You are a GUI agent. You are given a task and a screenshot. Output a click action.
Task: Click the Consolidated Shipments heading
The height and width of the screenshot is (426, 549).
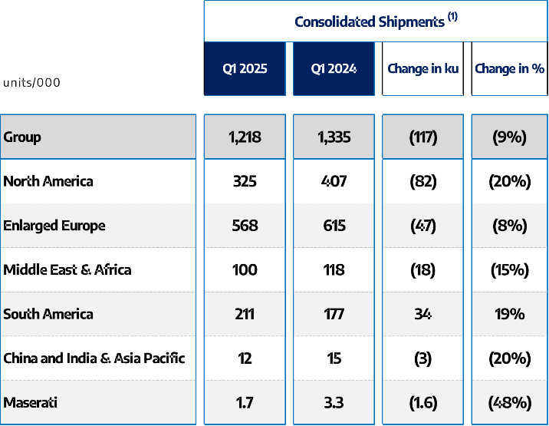pos(376,21)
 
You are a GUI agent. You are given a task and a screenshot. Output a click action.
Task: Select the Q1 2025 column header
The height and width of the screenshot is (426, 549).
pos(245,69)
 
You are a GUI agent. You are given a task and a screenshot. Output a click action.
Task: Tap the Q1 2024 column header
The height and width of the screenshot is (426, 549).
pos(334,69)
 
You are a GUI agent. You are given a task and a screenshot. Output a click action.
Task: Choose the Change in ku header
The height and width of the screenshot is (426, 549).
pos(422,69)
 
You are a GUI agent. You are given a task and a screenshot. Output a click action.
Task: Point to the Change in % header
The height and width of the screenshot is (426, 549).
pos(510,69)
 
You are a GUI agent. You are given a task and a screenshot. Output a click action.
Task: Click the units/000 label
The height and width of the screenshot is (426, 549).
pos(31,83)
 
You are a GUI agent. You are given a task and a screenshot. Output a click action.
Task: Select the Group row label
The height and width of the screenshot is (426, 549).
pos(22,137)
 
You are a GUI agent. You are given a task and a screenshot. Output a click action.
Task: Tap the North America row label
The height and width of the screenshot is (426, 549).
pos(48,182)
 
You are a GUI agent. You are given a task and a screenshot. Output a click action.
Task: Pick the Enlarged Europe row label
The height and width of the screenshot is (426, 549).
pos(54,226)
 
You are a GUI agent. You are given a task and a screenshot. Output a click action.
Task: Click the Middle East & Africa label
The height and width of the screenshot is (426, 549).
pos(67,270)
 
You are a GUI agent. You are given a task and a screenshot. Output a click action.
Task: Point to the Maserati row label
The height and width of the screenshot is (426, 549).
pos(31,402)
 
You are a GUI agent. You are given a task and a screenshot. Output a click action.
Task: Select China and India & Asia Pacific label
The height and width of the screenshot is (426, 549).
pos(94,358)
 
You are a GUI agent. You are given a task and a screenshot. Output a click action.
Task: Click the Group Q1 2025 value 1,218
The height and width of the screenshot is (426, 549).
pos(245,137)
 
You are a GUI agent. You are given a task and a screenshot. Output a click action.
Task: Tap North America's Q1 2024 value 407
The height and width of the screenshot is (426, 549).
pos(334,182)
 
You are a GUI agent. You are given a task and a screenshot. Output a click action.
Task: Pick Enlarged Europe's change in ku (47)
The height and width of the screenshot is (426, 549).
pos(422,226)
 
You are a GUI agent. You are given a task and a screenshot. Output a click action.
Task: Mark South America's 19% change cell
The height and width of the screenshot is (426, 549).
pos(510,314)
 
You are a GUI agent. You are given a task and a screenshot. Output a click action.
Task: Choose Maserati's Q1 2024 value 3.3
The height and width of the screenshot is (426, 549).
pos(334,402)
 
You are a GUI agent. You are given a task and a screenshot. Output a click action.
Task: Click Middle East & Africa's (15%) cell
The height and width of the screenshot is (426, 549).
pos(510,270)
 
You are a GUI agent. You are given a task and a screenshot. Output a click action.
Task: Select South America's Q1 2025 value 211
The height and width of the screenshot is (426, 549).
pos(245,314)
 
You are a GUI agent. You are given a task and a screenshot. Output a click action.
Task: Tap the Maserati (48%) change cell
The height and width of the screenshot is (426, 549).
pos(510,402)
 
